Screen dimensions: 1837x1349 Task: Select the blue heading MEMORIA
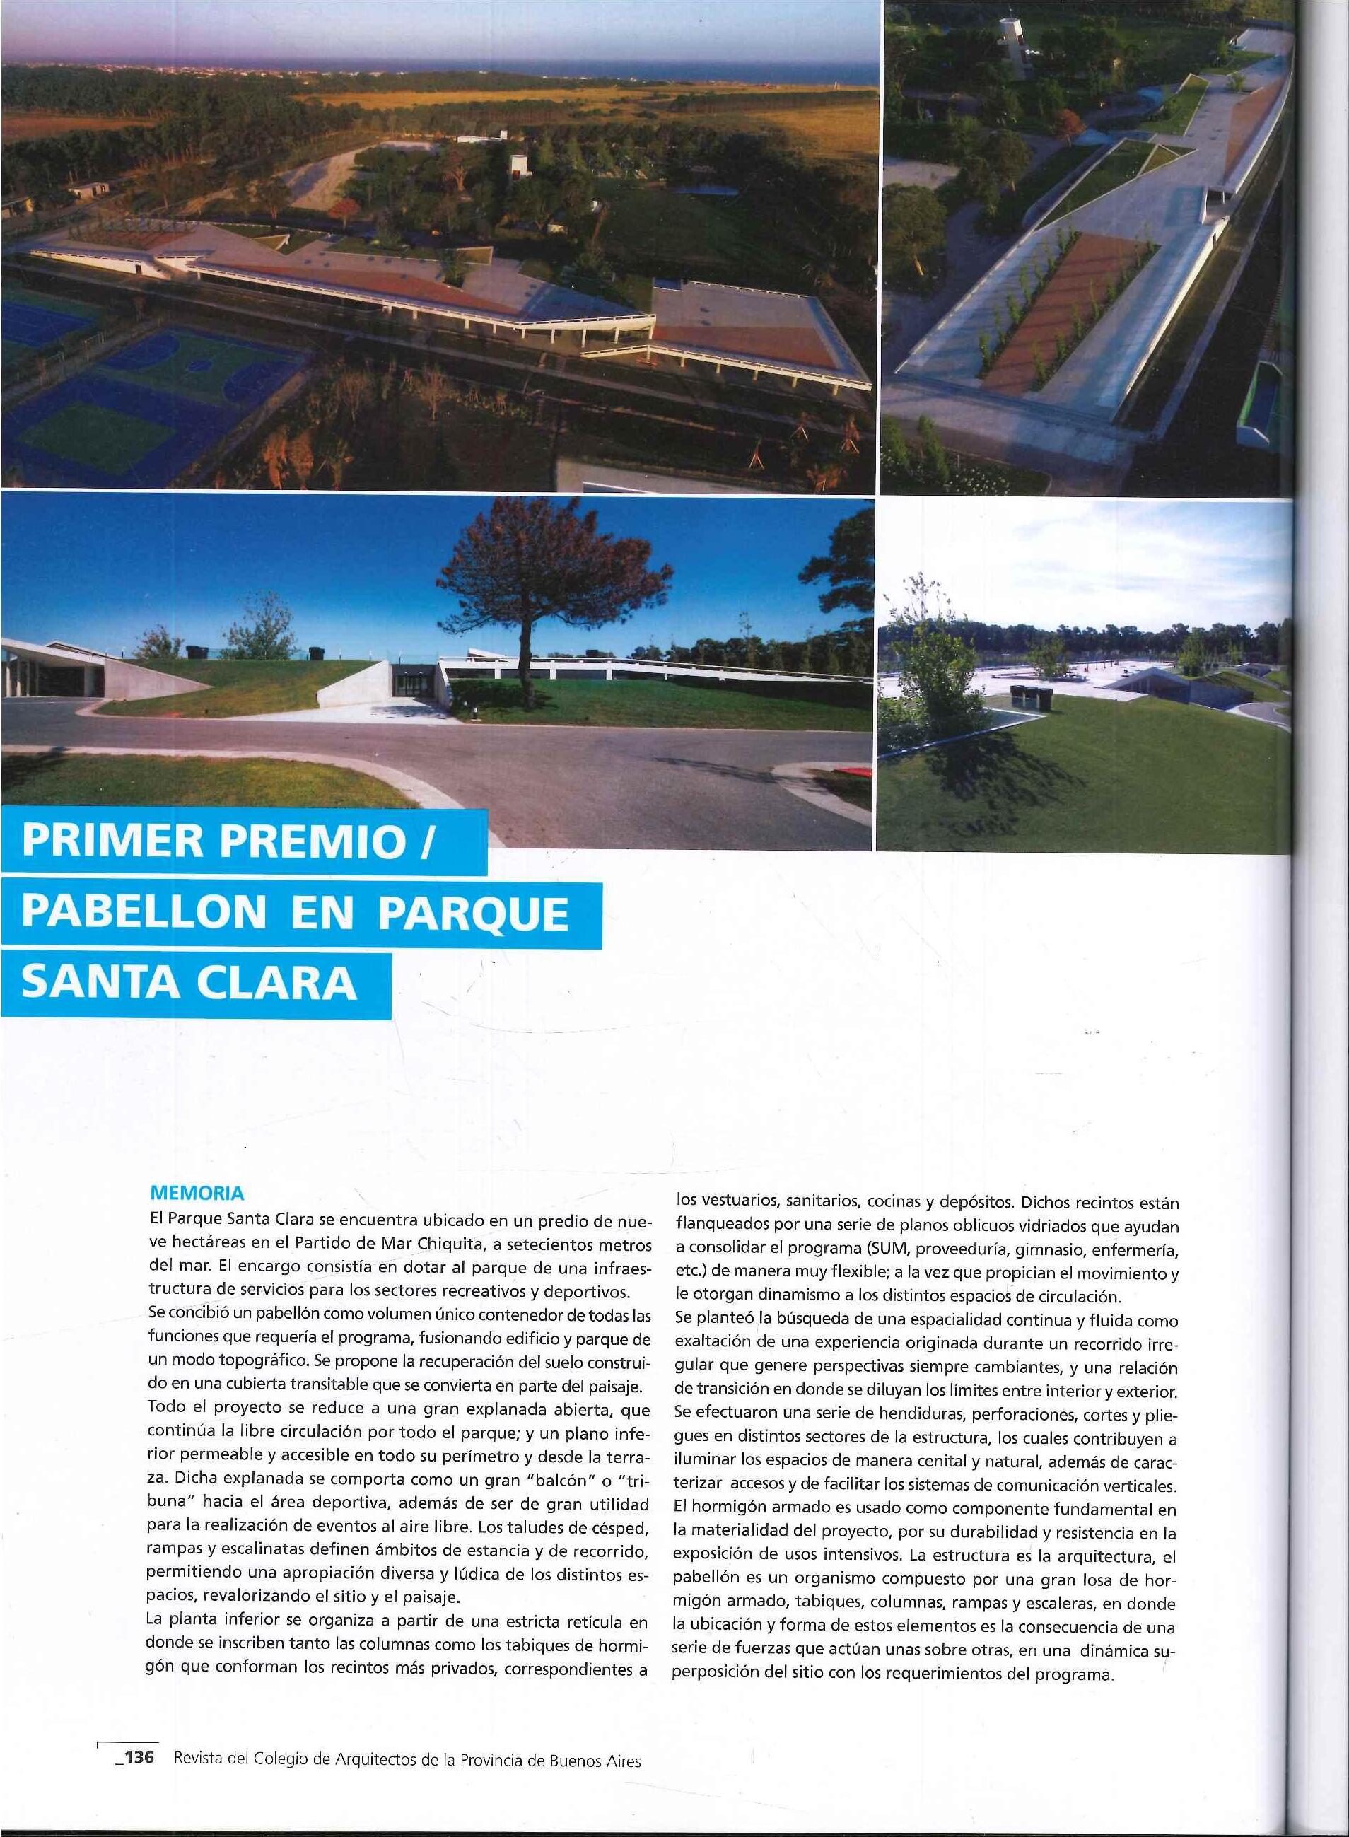coord(197,1194)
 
